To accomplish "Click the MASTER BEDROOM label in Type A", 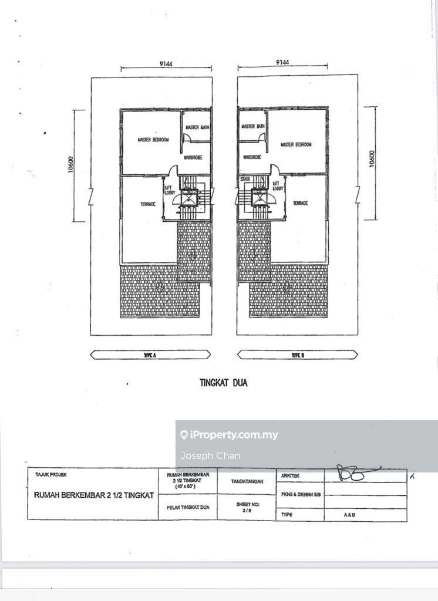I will click(x=153, y=140).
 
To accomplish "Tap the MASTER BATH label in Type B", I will click(x=252, y=126).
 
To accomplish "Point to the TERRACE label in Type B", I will click(x=300, y=203).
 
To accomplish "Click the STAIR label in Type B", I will click(x=245, y=179).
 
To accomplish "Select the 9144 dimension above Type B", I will click(x=282, y=62).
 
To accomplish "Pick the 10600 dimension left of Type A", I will click(x=70, y=167).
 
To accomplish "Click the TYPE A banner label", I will click(x=149, y=354).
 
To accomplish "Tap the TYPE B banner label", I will click(x=297, y=354).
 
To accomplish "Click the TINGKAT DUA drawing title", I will click(x=224, y=383).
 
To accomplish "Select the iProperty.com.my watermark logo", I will click(x=229, y=435).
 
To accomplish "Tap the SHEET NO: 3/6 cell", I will click(x=247, y=507).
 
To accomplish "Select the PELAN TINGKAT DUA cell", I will click(x=188, y=507).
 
